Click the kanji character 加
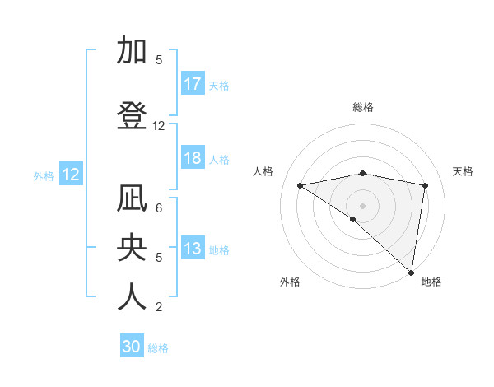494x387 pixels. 132,51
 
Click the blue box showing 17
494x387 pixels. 193,84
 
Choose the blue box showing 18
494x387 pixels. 193,158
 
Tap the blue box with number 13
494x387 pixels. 193,249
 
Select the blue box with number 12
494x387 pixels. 71,175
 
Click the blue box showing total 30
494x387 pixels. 132,347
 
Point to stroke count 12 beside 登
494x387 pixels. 159,126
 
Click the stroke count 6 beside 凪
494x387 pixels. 159,208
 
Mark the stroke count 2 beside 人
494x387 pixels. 159,307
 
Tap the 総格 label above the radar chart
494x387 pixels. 363,107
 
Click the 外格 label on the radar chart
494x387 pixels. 290,282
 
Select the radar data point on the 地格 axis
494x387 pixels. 411,271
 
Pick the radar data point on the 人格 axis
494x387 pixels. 300,185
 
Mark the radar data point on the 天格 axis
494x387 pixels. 426,185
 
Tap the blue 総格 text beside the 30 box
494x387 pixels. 158,348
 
